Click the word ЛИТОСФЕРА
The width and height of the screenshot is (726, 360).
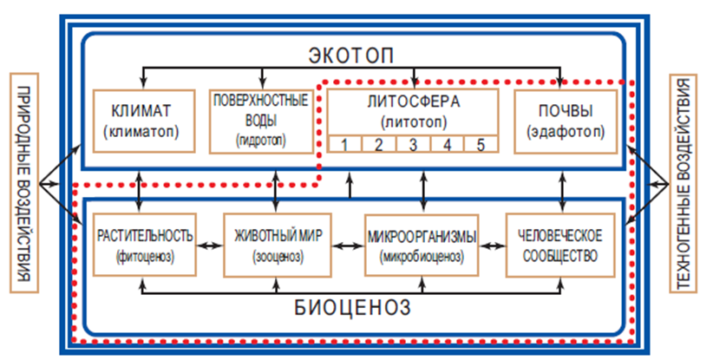pos(412,102)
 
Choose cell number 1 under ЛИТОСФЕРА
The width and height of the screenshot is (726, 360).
pos(344,143)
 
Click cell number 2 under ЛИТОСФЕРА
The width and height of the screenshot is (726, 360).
pos(378,143)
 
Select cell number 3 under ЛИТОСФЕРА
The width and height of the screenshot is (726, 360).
pos(413,143)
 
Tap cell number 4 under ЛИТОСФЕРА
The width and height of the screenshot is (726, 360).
pos(447,143)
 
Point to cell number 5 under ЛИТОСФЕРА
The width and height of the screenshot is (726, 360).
pos(481,143)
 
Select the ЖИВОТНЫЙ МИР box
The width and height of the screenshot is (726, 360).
pos(277,245)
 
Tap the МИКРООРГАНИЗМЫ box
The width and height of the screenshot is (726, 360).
pos(421,245)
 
